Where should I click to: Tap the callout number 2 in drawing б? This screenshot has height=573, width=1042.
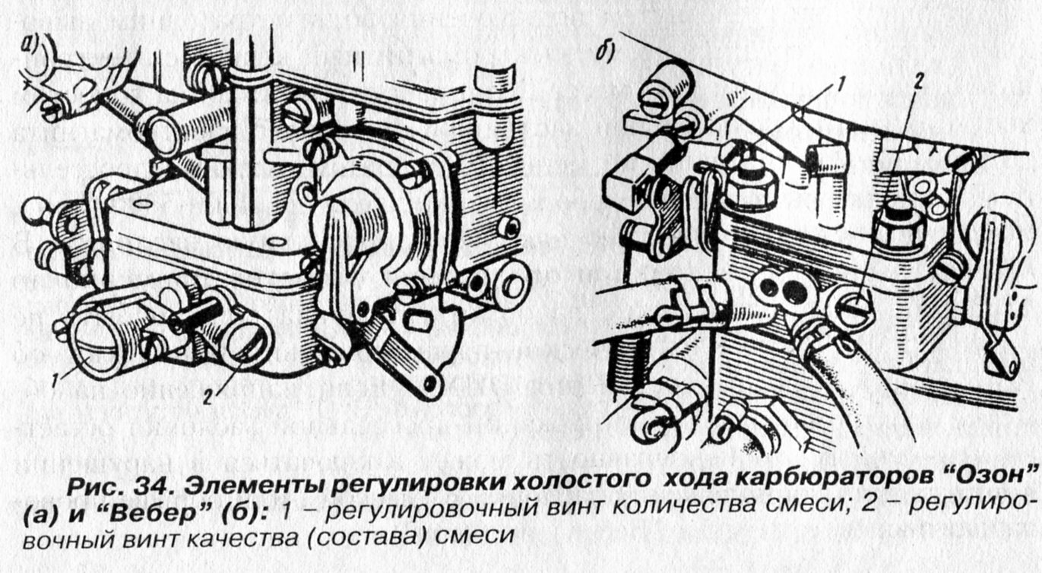(918, 83)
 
